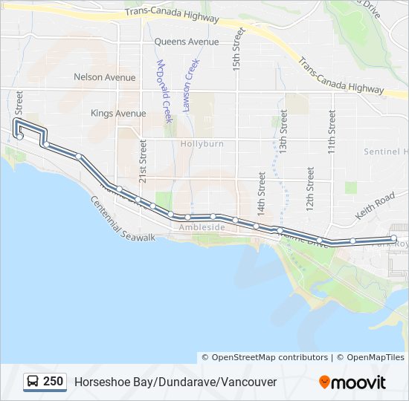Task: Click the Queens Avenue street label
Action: tap(187, 42)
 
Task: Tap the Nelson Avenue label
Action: tap(105, 77)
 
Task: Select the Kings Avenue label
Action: tap(118, 114)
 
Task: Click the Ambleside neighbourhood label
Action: tap(202, 228)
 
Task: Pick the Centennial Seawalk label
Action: tap(123, 218)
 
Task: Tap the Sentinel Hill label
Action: tap(385, 151)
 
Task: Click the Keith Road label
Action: tap(375, 206)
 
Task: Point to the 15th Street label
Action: tap(238, 48)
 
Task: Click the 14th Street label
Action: tap(261, 193)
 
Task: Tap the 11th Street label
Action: tap(332, 132)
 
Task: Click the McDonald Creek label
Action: tap(164, 91)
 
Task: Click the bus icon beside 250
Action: tap(33, 382)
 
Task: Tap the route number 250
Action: tap(53, 382)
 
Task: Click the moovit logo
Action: tap(352, 382)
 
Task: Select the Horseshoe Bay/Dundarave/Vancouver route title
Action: tap(175, 382)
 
